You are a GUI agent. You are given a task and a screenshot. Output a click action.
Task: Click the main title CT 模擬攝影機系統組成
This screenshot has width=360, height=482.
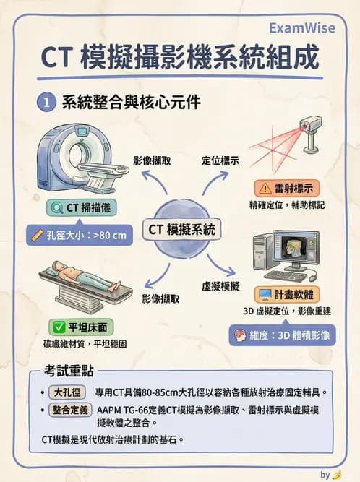tap(179, 57)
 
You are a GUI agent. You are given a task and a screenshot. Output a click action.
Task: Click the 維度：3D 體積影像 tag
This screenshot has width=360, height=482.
tap(282, 335)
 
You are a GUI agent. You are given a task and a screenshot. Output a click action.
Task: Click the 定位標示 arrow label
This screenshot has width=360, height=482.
tap(220, 160)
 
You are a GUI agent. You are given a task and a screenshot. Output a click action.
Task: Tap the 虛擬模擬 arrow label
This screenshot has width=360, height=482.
tap(220, 286)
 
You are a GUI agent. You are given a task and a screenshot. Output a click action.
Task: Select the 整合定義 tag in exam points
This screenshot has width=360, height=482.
tap(70, 410)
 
